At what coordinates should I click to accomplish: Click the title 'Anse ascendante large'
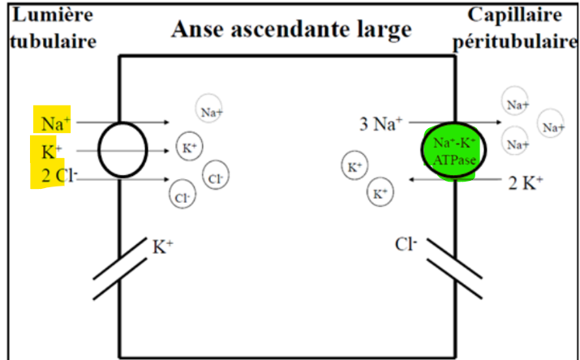(291, 29)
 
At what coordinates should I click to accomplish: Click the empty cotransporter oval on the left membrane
(122, 150)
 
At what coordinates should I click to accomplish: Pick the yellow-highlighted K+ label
(49, 150)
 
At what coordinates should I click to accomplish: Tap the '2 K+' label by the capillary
(526, 182)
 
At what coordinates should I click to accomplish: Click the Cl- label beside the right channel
(406, 243)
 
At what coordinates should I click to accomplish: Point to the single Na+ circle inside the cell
(210, 110)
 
